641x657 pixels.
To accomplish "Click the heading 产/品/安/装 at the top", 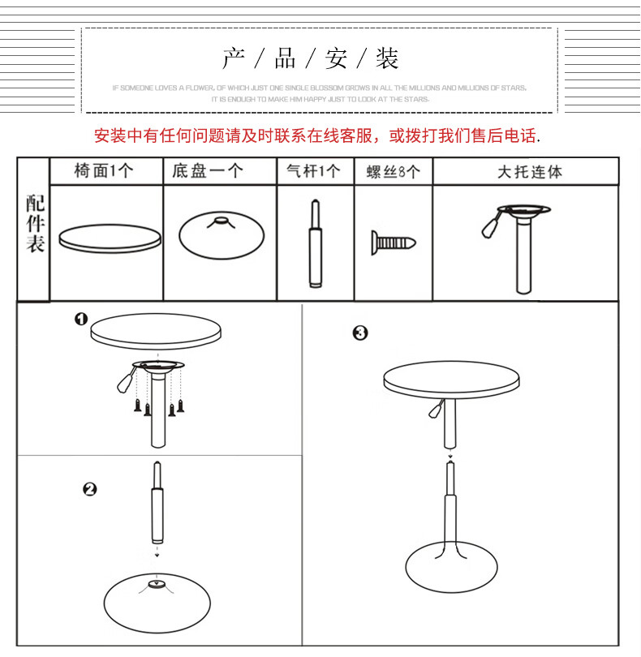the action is click(311, 59).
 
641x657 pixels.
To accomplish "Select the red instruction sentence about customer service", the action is click(317, 136).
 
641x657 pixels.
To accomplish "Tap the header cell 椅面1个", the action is click(105, 171).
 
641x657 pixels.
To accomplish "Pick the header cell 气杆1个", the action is click(314, 171).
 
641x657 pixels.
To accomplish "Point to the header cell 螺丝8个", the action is click(393, 172).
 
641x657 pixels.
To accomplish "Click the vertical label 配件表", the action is click(35, 224).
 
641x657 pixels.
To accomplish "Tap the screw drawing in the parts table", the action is click(394, 242).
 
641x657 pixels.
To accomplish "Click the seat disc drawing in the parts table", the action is click(106, 238).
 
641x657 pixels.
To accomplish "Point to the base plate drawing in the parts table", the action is click(218, 234).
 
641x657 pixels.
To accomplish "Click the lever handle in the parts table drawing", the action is click(490, 225).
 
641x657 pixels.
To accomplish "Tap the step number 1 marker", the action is click(81, 320).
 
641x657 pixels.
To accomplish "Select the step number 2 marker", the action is click(90, 488).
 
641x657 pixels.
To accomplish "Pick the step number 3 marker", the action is click(360, 333).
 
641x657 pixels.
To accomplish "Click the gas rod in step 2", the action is click(157, 507).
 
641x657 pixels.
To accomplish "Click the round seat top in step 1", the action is click(157, 332).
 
